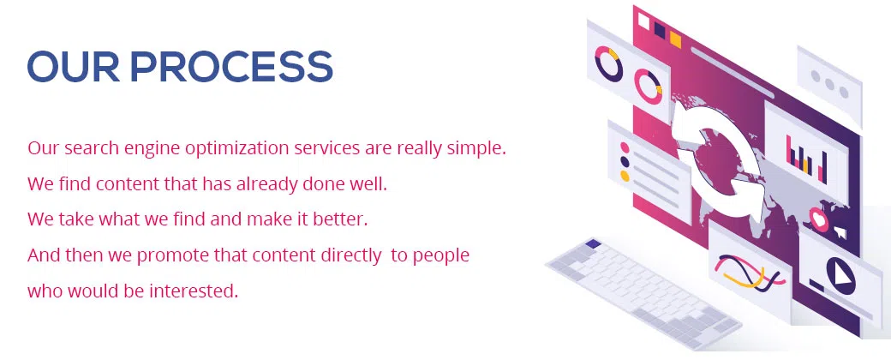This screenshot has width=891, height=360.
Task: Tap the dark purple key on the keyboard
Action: [593, 244]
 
